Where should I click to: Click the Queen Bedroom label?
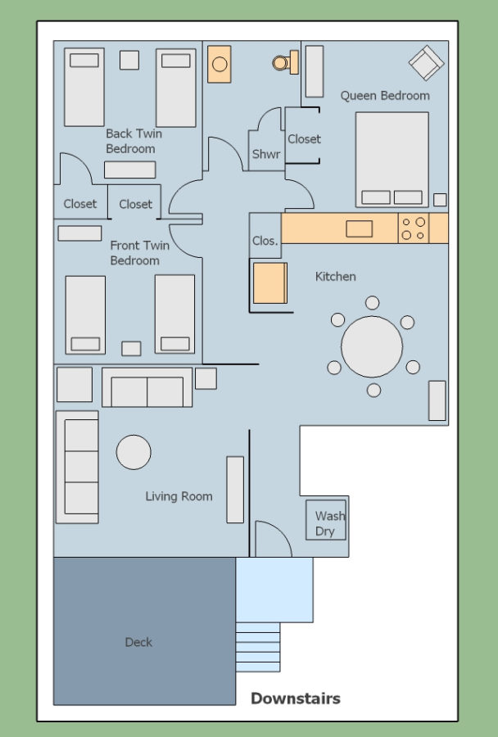coord(385,96)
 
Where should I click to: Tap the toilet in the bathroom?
coord(285,62)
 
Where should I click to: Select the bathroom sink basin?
coord(220,64)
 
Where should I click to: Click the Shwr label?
coord(266,154)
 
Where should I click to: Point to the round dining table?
coord(372,346)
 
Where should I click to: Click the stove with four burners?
coord(414,228)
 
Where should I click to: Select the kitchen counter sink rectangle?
coord(360,229)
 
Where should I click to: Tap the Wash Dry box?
coord(326,520)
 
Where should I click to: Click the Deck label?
coord(138,642)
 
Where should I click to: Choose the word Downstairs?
coord(296,699)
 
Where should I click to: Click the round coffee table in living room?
coord(134,452)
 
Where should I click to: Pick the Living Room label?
coord(179,496)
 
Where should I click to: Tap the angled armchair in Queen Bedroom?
coord(427,62)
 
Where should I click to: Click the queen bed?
coord(392,160)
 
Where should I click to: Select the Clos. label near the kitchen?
coord(265,241)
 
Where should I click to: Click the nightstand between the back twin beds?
coord(129,60)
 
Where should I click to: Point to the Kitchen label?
coord(335,277)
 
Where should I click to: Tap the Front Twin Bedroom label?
coord(140,253)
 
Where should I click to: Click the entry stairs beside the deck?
coord(258,647)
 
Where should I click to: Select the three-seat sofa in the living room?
coord(78,467)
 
